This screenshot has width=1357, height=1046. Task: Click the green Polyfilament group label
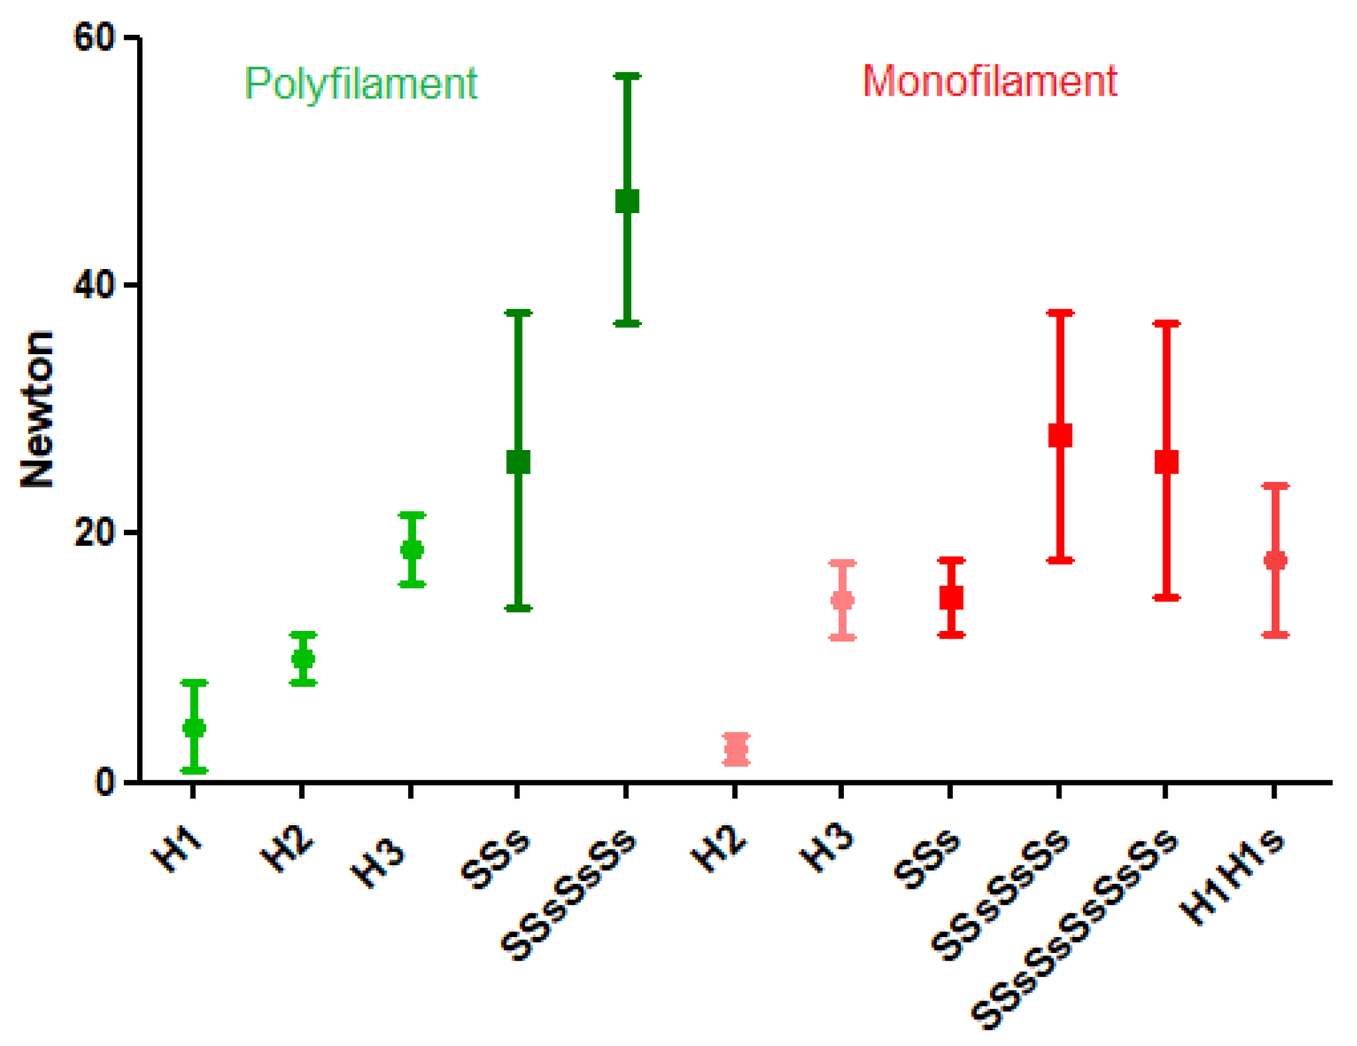(x=360, y=84)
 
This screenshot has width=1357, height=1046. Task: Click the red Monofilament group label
(x=989, y=81)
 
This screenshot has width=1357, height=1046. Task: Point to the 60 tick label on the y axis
(x=94, y=37)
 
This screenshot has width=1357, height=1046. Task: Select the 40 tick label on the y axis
(x=94, y=285)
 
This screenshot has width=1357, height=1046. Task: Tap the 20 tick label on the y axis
(x=94, y=533)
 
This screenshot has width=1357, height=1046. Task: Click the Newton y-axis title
(x=36, y=409)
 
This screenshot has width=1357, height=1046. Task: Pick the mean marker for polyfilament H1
(x=194, y=728)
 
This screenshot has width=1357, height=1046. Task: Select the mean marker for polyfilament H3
(x=412, y=549)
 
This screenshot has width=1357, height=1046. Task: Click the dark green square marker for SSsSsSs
(x=627, y=201)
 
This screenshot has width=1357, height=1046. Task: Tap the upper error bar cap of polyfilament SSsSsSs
(x=627, y=75)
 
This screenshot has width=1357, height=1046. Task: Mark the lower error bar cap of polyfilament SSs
(x=518, y=608)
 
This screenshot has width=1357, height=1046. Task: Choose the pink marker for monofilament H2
(x=736, y=750)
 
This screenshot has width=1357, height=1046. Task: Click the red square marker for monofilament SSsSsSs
(x=1060, y=435)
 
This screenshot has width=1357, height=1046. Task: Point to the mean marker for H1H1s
(x=1275, y=560)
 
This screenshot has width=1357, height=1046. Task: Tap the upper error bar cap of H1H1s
(x=1275, y=486)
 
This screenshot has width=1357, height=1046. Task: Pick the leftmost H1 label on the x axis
(x=177, y=850)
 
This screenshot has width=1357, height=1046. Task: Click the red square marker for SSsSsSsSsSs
(x=1166, y=462)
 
